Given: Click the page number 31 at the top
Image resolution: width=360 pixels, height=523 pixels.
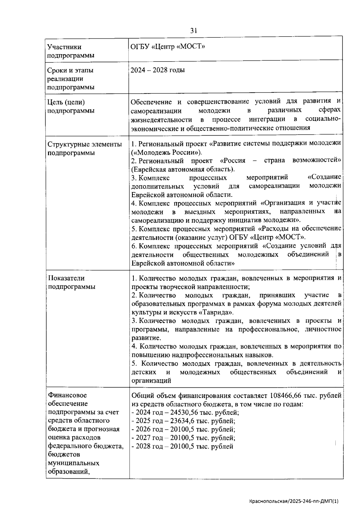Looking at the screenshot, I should (193, 30).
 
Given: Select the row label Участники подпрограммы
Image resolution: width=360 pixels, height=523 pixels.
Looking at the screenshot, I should (64, 51).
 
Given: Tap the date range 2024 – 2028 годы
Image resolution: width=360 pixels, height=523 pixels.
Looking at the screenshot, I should (158, 70).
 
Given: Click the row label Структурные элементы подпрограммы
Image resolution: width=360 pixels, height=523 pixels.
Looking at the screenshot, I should (85, 148).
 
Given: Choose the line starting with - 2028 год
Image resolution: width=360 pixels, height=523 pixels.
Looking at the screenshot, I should (182, 447).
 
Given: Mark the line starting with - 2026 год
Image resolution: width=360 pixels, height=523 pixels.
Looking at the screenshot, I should (183, 429).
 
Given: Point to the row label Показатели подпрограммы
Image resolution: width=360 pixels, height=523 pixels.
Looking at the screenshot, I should (71, 282).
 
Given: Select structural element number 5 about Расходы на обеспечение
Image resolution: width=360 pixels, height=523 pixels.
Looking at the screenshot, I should (236, 233).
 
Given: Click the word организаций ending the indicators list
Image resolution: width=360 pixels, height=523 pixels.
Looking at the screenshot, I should (151, 381).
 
